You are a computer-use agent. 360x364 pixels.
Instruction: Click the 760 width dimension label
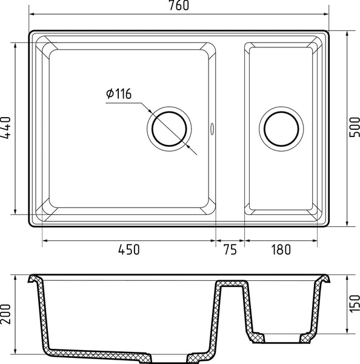pyautogui.click(x=179, y=5)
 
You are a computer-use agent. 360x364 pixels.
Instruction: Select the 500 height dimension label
pyautogui.click(x=355, y=127)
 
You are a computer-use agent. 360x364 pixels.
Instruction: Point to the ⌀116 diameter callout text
pyautogui.click(x=119, y=94)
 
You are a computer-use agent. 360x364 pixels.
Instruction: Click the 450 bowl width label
pyautogui.click(x=129, y=249)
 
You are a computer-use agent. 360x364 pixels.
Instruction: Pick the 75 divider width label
pyautogui.click(x=230, y=249)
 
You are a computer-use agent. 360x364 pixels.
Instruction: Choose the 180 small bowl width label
pyautogui.click(x=281, y=249)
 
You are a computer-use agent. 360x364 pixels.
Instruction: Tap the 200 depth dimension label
pyautogui.click(x=6, y=314)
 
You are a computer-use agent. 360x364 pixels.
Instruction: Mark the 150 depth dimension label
pyautogui.click(x=355, y=304)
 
